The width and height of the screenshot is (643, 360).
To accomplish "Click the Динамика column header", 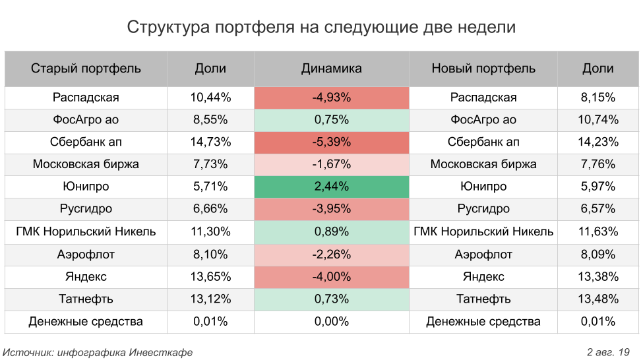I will pos(331,69).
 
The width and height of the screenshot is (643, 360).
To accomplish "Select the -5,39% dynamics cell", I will pos(331,142).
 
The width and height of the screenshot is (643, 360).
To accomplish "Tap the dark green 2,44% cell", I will pos(331,187).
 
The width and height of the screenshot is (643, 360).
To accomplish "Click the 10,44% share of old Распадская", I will pos(210,98).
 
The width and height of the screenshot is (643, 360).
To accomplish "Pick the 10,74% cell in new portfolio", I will pos(599,120).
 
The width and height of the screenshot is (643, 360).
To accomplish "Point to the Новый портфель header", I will pos(483,69).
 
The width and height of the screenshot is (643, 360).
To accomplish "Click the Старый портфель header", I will pos(86,69).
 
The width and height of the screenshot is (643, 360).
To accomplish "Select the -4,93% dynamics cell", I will pos(331,98).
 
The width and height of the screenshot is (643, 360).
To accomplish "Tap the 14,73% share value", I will pos(210,142).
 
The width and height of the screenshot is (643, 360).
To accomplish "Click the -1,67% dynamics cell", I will pos(331,164).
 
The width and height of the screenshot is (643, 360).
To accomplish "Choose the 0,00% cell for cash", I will pos(331,322).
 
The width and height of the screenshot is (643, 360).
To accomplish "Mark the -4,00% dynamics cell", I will pos(331,277).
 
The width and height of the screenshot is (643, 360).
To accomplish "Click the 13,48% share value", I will pos(599,299).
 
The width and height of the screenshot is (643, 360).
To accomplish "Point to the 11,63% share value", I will pos(599,232).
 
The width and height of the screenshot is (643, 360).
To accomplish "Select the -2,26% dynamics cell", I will pos(331,255).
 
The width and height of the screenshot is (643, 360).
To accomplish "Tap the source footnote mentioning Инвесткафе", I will pos(98,352).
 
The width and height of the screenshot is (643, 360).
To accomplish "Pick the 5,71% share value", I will pos(210,187).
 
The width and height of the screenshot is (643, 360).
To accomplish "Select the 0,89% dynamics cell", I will pos(331,232).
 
